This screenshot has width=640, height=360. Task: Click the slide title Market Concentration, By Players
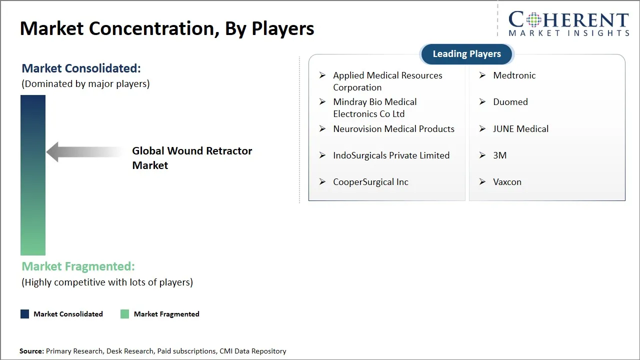coord(167,28)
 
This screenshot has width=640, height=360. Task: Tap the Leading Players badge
coord(466,54)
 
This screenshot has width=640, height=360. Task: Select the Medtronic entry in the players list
coord(514,75)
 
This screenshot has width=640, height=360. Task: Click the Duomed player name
coord(510,102)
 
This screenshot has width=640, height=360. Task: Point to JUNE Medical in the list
coord(520,129)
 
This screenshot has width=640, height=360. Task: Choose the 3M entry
coord(499,155)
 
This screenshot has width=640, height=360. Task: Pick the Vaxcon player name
coord(507,182)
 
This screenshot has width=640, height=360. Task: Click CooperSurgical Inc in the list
coord(370,182)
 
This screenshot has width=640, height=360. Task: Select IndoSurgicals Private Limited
coord(391,155)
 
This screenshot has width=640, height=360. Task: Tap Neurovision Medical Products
coord(393,129)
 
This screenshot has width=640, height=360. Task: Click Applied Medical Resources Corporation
coord(387,81)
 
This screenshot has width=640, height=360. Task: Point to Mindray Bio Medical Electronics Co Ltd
coord(374,108)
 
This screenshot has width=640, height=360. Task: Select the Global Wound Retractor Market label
coord(192,158)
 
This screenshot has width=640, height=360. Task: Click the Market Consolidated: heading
coord(81,68)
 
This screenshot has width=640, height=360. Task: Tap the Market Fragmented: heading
coord(78,266)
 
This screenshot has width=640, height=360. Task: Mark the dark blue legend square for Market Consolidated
coord(25,314)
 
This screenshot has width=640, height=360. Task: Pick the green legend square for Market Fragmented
coord(125,314)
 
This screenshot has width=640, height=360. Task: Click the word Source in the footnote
coord(31,351)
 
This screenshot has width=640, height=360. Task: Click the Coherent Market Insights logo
coord(568,24)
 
